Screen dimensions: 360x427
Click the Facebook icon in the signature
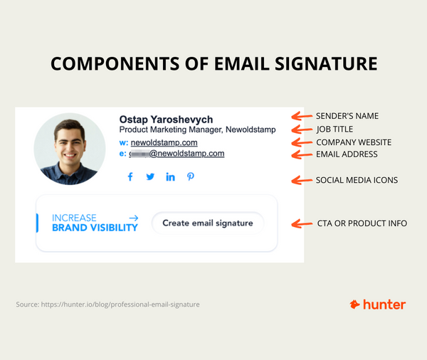130,177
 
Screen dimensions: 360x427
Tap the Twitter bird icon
150,177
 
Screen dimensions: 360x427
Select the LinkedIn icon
170,177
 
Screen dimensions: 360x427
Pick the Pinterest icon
191,177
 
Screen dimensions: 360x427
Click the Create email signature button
207,223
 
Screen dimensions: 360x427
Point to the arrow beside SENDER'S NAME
302,116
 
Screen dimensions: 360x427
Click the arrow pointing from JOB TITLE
302,129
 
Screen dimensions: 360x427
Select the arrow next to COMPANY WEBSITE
302,142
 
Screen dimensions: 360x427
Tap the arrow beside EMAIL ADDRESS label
302,154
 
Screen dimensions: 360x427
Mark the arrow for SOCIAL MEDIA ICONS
302,179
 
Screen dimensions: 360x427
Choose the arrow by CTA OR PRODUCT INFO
302,223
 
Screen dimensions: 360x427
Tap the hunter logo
378,305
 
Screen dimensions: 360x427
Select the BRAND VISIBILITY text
95,228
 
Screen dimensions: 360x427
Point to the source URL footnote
107,305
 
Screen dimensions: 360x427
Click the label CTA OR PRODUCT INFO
362,223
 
